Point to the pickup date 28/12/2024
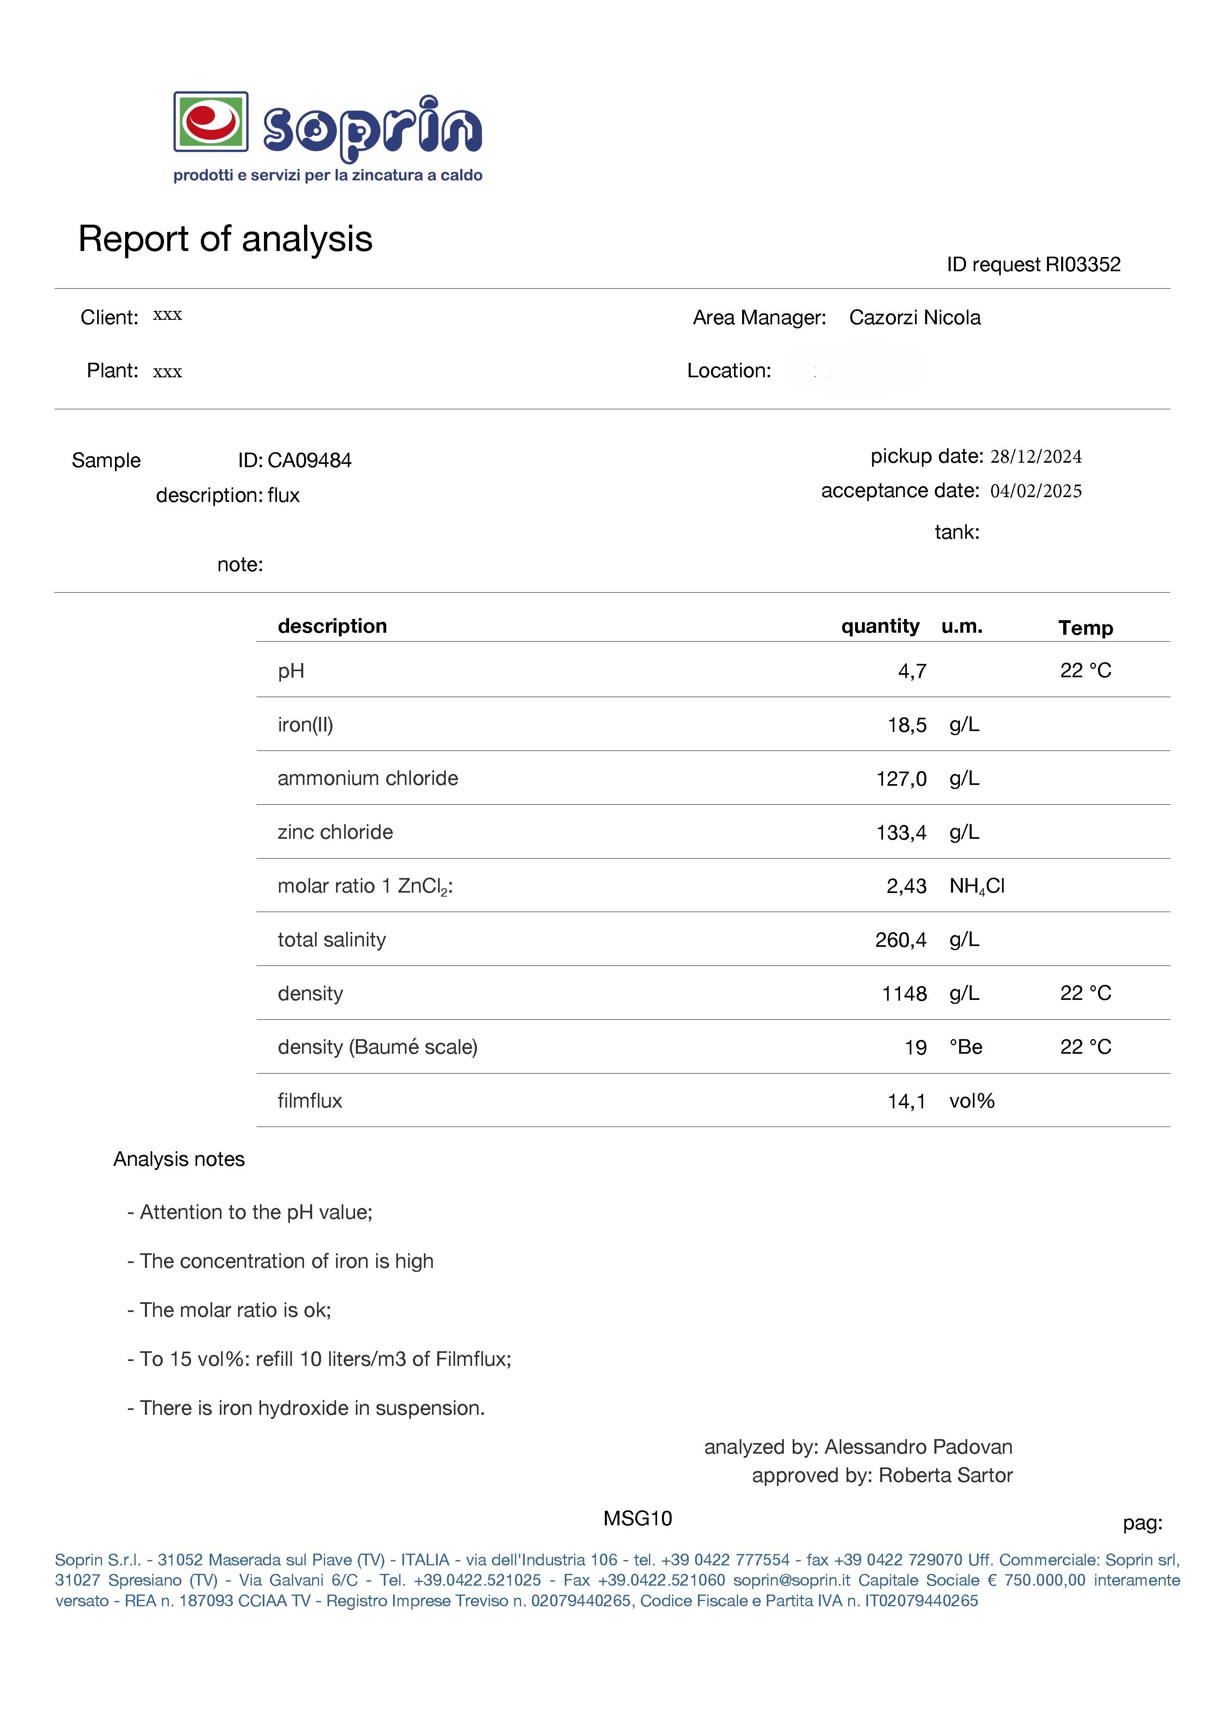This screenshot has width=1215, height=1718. coord(1036,457)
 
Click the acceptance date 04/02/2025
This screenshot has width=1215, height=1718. coord(1036,491)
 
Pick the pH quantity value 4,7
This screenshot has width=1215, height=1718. coord(912,671)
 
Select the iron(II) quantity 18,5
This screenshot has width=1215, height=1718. coord(907,725)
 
